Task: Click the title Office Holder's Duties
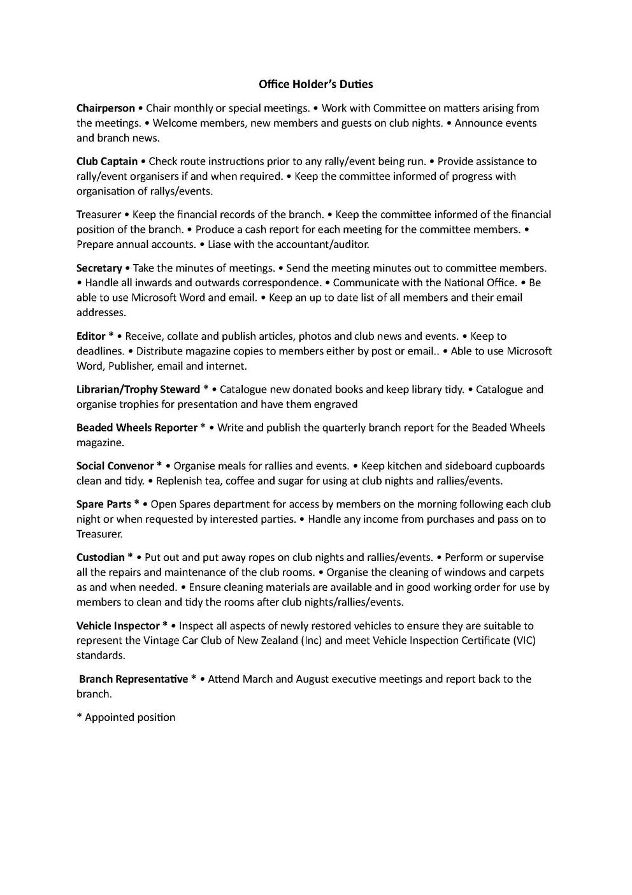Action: pos(315,84)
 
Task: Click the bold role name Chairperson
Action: pos(106,108)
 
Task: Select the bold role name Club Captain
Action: pos(107,161)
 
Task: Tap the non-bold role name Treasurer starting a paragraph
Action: pos(99,215)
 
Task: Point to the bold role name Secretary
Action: pos(99,268)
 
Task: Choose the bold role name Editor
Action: pos(91,336)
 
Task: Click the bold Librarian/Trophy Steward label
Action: pos(138,389)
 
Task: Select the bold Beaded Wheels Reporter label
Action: pos(136,428)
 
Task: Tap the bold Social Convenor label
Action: pos(115,466)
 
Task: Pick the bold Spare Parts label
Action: pos(104,504)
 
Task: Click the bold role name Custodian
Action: pos(101,558)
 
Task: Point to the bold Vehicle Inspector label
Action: pos(118,626)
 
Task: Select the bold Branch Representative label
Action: pos(133,679)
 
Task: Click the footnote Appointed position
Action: pos(130,717)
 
